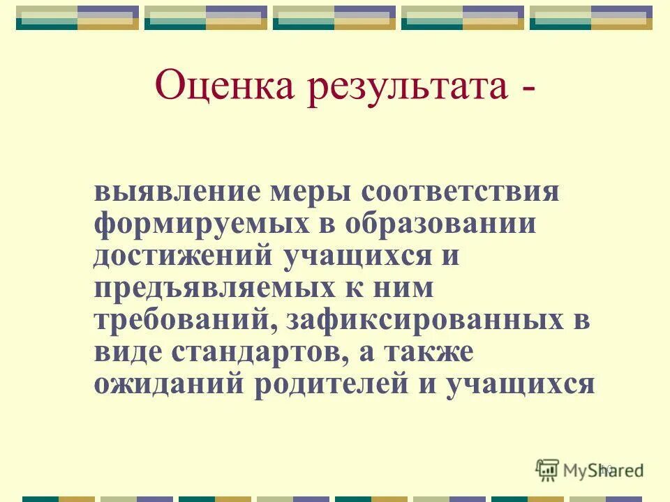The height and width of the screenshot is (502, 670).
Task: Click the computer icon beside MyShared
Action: point(547,470)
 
